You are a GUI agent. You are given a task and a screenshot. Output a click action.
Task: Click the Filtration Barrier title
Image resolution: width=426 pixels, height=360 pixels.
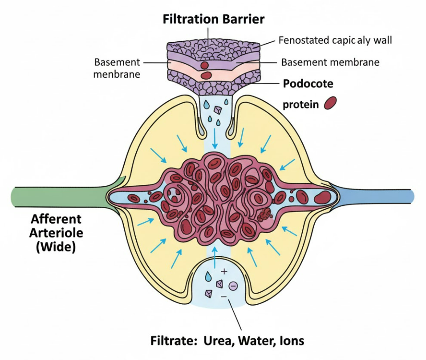(214, 19)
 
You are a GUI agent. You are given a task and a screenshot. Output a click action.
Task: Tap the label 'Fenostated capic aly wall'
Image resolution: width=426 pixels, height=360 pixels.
(335, 40)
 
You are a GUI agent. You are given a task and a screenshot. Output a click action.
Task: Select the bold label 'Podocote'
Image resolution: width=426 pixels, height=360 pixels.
(308, 83)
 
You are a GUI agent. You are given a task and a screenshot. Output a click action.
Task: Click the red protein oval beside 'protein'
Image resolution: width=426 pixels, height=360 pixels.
(330, 103)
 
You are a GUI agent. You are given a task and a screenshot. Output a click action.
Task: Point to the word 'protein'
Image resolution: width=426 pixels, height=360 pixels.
(301, 105)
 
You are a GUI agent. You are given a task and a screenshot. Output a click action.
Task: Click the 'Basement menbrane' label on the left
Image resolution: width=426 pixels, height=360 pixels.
(117, 68)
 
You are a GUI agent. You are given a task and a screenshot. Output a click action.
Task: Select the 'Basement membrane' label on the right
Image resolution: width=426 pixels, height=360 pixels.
(330, 62)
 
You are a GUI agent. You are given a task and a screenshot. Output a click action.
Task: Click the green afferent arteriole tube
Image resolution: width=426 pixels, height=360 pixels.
(58, 196)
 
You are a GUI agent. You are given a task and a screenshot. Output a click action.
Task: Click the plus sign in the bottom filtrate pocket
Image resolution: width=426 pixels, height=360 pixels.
(224, 271)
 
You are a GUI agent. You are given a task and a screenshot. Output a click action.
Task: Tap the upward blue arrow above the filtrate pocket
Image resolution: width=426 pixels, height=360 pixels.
(215, 258)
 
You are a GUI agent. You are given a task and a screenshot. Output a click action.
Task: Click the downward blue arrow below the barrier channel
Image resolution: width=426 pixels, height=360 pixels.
(215, 139)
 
